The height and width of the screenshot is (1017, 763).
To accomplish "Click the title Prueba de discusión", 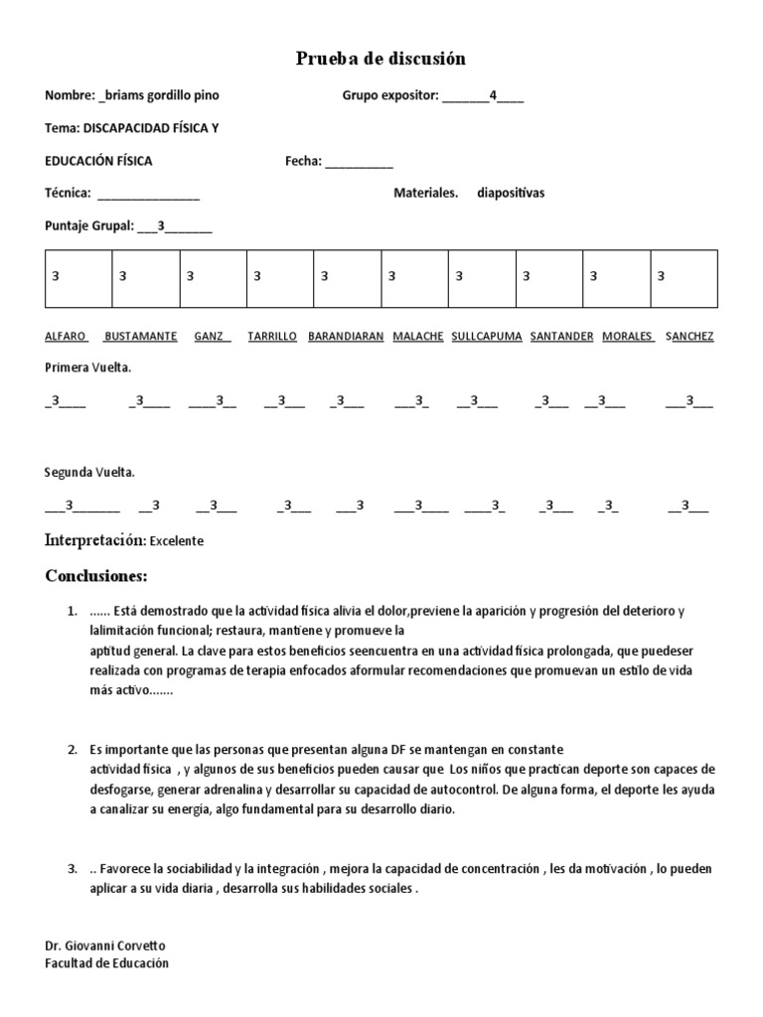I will pos(381,60).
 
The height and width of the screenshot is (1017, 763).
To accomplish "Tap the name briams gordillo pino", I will pos(161,95).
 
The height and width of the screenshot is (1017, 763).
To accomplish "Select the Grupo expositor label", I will pos(389,95).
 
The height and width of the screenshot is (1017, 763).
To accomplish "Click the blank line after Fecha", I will pos(359,161).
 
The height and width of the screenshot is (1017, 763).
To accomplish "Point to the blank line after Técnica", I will pos(148,193).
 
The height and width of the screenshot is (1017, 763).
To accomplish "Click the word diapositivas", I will pos(511,193).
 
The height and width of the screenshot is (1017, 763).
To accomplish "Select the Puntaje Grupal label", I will pos(89,226).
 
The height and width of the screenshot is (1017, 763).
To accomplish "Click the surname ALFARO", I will pos(66,336).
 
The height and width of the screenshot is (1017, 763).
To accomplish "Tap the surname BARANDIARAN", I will pos(346,336).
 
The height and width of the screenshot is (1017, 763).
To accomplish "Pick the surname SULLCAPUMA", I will pos(487,336).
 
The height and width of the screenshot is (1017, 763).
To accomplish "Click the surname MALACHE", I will pos(418,336).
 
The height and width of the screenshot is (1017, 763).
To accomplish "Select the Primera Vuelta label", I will pos(88,367).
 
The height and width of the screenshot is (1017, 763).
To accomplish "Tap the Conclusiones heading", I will pos(96,576).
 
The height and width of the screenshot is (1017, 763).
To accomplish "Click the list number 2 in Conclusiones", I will pos(73,748).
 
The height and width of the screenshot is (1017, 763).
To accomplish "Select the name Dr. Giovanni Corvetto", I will pos(105,946).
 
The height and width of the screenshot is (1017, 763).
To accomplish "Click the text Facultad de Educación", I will pos(107,962).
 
